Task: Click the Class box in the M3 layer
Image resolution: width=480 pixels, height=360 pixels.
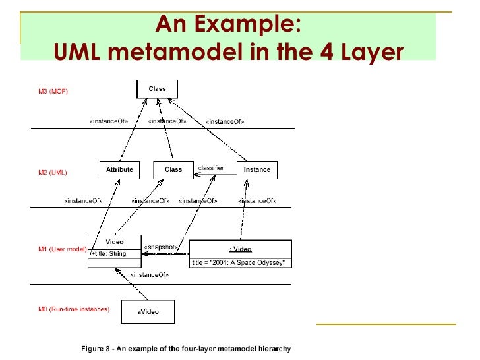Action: [157, 89]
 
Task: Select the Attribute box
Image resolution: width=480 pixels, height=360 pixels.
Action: [119, 170]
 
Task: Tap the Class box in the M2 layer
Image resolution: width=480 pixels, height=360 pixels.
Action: [173, 170]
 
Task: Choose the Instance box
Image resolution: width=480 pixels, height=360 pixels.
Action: [256, 170]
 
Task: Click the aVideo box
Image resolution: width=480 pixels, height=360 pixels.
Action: [148, 312]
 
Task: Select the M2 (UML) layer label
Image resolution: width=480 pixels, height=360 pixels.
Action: [52, 173]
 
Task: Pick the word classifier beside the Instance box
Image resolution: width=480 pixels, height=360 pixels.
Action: [211, 169]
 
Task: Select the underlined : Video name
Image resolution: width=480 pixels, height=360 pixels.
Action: [240, 249]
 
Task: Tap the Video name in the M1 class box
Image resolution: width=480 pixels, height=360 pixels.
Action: [115, 241]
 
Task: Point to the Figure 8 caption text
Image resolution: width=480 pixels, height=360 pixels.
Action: [185, 348]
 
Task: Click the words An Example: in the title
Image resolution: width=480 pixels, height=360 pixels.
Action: [228, 25]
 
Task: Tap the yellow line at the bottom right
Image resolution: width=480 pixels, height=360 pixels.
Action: [386, 324]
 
